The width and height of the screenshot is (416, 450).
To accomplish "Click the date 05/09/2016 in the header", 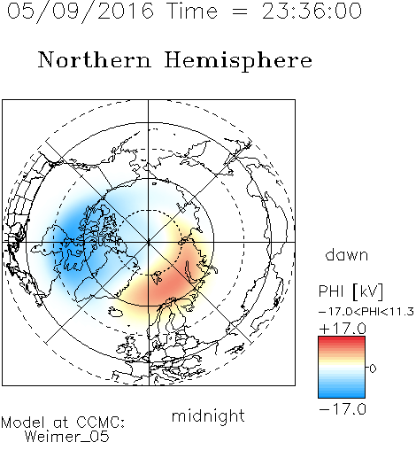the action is click(81, 12).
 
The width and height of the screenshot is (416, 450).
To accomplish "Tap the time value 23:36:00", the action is click(312, 12).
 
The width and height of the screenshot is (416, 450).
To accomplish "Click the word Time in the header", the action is click(192, 12).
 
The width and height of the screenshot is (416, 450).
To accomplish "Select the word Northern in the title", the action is click(95, 60).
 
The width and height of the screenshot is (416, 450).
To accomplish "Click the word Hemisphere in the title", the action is click(238, 61).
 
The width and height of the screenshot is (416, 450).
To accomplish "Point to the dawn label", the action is click(347, 254).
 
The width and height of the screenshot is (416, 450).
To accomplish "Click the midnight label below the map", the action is click(208, 415).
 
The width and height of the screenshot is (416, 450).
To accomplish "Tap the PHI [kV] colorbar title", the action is click(351, 291).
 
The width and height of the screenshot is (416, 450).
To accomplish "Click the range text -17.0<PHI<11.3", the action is click(366, 312).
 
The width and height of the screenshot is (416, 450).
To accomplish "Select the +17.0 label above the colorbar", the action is click(343, 329).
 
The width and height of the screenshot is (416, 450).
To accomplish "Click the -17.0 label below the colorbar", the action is click(343, 409).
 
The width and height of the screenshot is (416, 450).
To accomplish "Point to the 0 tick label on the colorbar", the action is click(373, 369).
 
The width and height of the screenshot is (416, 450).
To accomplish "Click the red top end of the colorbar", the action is click(342, 338).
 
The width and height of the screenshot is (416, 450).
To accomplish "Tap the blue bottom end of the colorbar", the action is click(342, 395).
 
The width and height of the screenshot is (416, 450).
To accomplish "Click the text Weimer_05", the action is click(67, 436).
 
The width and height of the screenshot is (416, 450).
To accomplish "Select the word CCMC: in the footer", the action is click(101, 423).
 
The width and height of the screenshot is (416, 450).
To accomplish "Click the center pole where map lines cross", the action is click(149, 242).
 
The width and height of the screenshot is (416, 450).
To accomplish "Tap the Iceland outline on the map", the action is click(115, 311).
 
